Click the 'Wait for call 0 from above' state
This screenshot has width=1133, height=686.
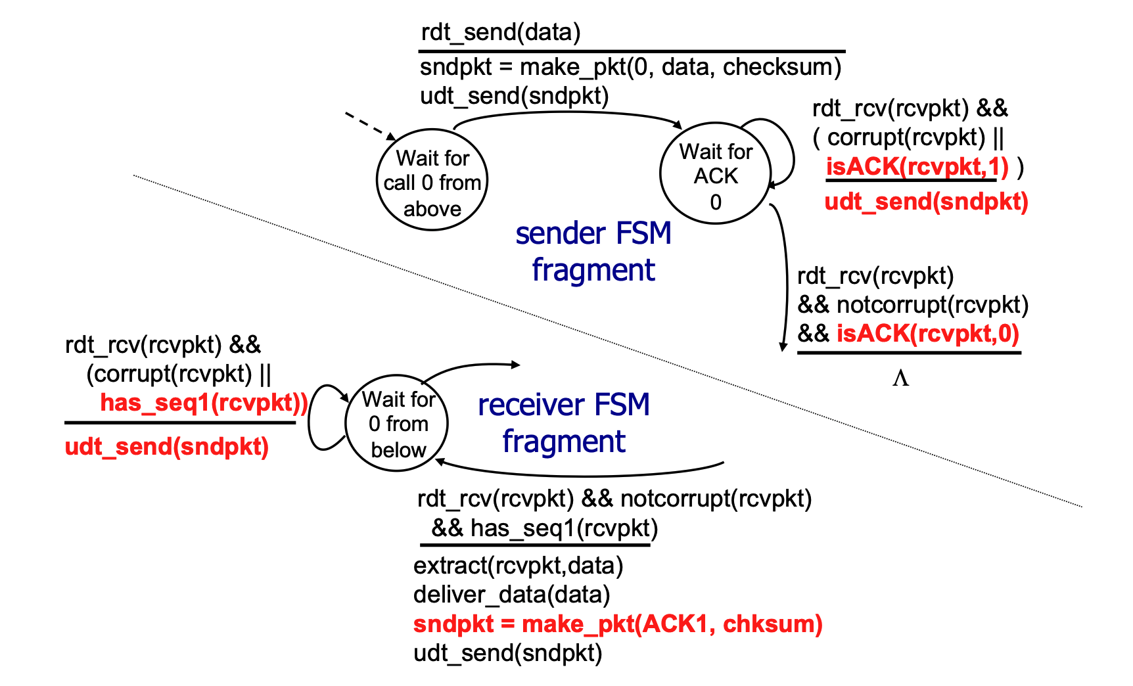pos(432,180)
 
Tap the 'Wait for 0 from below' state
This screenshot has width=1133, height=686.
pos(397,423)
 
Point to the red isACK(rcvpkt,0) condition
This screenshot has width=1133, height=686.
pos(927,334)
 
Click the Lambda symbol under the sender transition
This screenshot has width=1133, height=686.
pos(900,378)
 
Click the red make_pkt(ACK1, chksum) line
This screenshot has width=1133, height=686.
pos(618,624)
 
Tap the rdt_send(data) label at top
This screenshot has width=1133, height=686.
pos(501,32)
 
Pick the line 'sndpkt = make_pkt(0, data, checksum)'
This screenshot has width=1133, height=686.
pos(630,67)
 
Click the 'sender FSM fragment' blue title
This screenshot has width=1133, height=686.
pos(593,252)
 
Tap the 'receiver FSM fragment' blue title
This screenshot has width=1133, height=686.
pos(564,423)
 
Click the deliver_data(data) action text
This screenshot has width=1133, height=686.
pos(511,595)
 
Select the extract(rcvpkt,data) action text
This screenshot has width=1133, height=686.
pos(518,566)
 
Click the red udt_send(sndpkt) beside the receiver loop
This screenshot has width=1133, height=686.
pos(167,447)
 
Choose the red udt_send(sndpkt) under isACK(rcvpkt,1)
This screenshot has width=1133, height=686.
pos(926,202)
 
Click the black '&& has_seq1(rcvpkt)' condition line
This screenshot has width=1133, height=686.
pos(544,528)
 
